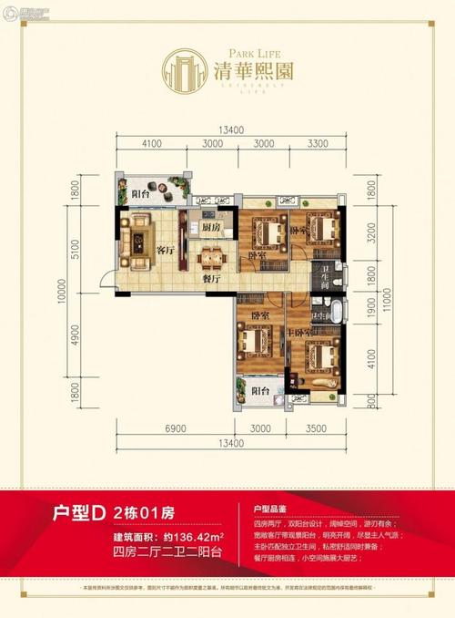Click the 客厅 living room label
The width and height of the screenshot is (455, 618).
tap(165, 249)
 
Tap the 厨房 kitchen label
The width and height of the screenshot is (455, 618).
tap(212, 227)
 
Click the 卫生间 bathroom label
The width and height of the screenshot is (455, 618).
tap(326, 274)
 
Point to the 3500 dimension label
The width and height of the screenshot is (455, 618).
tap(316, 427)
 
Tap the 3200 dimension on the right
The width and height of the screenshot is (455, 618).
tap(370, 238)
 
